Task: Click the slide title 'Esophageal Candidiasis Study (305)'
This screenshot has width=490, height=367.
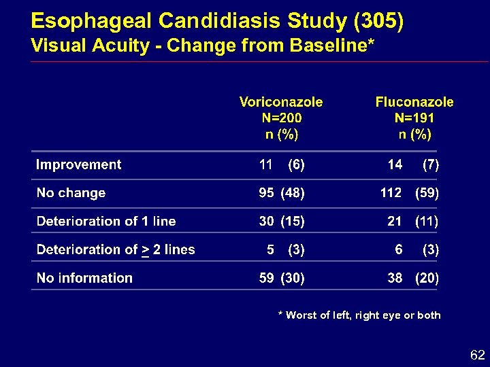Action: pyautogui.click(x=217, y=21)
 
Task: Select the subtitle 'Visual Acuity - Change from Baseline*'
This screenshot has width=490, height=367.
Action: pyautogui.click(x=202, y=46)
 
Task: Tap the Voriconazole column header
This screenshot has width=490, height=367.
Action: pyautogui.click(x=281, y=102)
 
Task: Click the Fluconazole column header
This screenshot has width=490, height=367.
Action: pyautogui.click(x=414, y=102)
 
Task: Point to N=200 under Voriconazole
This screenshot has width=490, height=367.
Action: pyautogui.click(x=281, y=118)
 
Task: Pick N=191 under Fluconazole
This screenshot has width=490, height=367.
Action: pyautogui.click(x=414, y=118)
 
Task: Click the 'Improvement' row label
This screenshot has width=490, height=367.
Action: pyautogui.click(x=78, y=164)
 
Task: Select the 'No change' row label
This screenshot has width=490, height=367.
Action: pyautogui.click(x=71, y=193)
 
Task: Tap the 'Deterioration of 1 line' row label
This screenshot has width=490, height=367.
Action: pyautogui.click(x=105, y=222)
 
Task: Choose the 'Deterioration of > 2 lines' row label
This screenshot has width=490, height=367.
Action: pyautogui.click(x=115, y=249)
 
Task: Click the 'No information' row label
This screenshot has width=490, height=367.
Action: pyautogui.click(x=84, y=278)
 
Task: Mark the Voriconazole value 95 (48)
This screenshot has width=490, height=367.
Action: pyautogui.click(x=282, y=193)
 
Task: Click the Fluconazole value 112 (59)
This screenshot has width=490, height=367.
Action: pyautogui.click(x=409, y=193)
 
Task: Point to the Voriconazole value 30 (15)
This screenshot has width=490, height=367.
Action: pyautogui.click(x=282, y=222)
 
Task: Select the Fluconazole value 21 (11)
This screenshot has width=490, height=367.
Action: pyautogui.click(x=412, y=222)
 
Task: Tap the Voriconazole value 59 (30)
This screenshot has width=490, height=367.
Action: pyautogui.click(x=282, y=278)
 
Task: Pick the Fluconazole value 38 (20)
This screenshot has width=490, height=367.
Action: pyautogui.click(x=412, y=278)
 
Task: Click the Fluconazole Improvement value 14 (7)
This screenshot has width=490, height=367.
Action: pyautogui.click(x=412, y=164)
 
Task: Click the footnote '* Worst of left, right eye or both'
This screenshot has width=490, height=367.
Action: pyautogui.click(x=359, y=315)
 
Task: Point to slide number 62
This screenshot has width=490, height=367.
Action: pyautogui.click(x=476, y=355)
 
